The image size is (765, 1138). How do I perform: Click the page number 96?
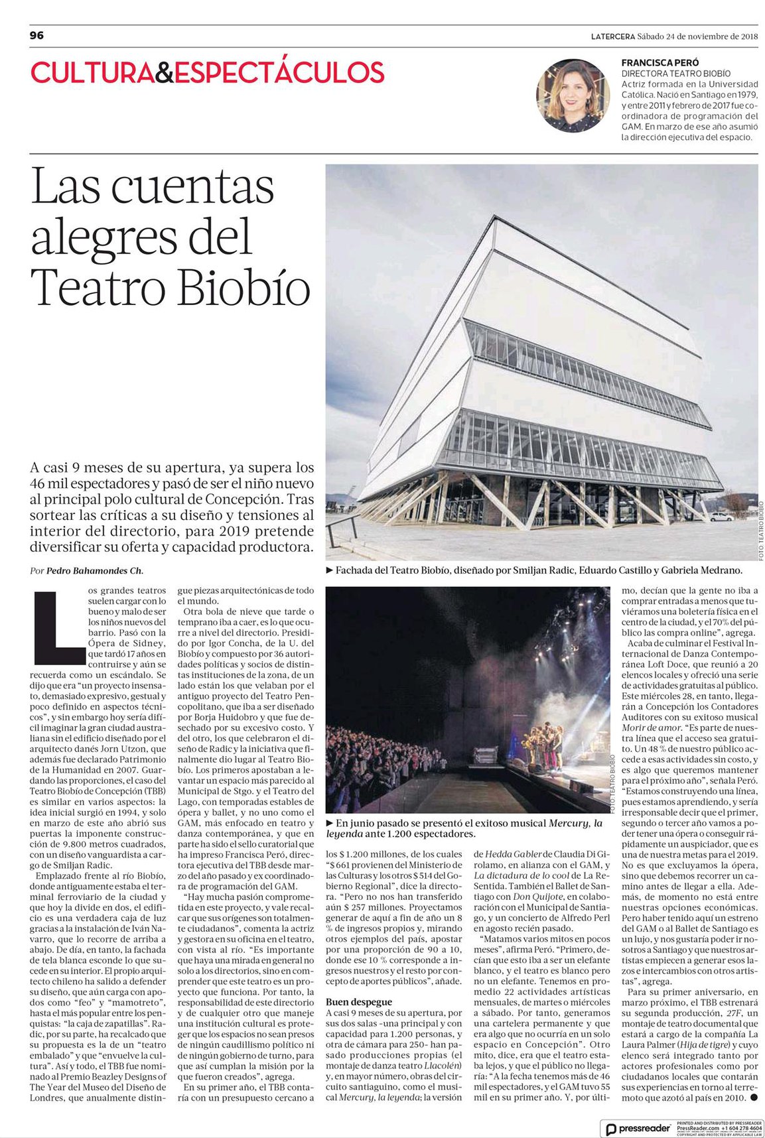tap(36, 35)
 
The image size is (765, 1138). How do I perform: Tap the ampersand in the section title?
tap(164, 73)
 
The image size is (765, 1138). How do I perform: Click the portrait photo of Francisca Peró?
tap(573, 95)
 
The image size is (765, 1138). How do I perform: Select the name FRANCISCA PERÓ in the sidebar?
tap(660, 62)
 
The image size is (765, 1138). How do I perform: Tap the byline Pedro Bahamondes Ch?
tap(94, 570)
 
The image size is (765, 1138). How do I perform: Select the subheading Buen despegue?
tap(359, 1001)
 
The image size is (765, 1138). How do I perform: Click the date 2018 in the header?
tap(749, 36)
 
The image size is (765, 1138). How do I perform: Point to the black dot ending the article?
tap(753, 1097)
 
